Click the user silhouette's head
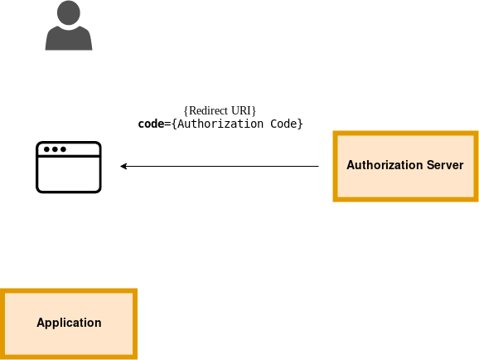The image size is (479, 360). click(69, 12)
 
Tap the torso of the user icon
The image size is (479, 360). click(69, 38)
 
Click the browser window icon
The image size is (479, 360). click(69, 168)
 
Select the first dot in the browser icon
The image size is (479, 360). click(46, 149)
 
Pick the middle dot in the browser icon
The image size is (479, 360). click(55, 149)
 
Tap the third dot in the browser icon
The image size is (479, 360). click(63, 149)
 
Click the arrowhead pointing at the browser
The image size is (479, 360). click(123, 167)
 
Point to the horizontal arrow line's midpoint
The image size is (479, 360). click(220, 167)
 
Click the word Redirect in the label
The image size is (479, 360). click(209, 110)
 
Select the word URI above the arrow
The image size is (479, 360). click(240, 110)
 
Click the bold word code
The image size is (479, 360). click(151, 124)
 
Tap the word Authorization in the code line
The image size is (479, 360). click(220, 124)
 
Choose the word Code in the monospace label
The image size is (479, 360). click(283, 124)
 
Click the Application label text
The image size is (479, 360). click(69, 323)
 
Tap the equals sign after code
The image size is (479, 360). click(167, 124)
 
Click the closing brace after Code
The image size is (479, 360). click(300, 124)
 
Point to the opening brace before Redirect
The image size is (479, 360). click(186, 110)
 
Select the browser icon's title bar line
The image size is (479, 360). click(69, 156)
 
